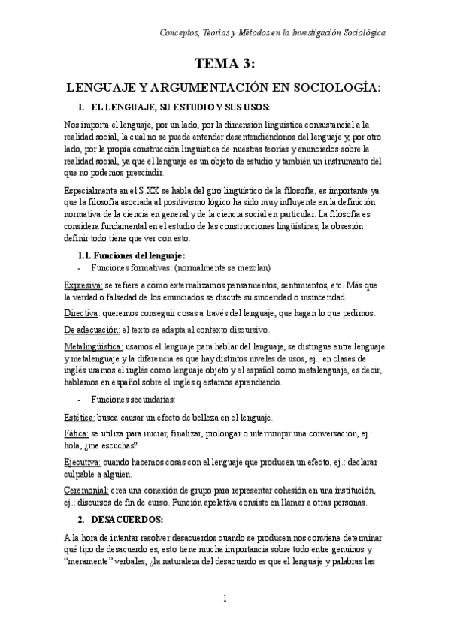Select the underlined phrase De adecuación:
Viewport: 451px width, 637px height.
[91, 329]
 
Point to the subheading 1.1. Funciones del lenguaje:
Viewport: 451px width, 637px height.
[137, 255]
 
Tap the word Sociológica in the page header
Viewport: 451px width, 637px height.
[357, 33]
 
